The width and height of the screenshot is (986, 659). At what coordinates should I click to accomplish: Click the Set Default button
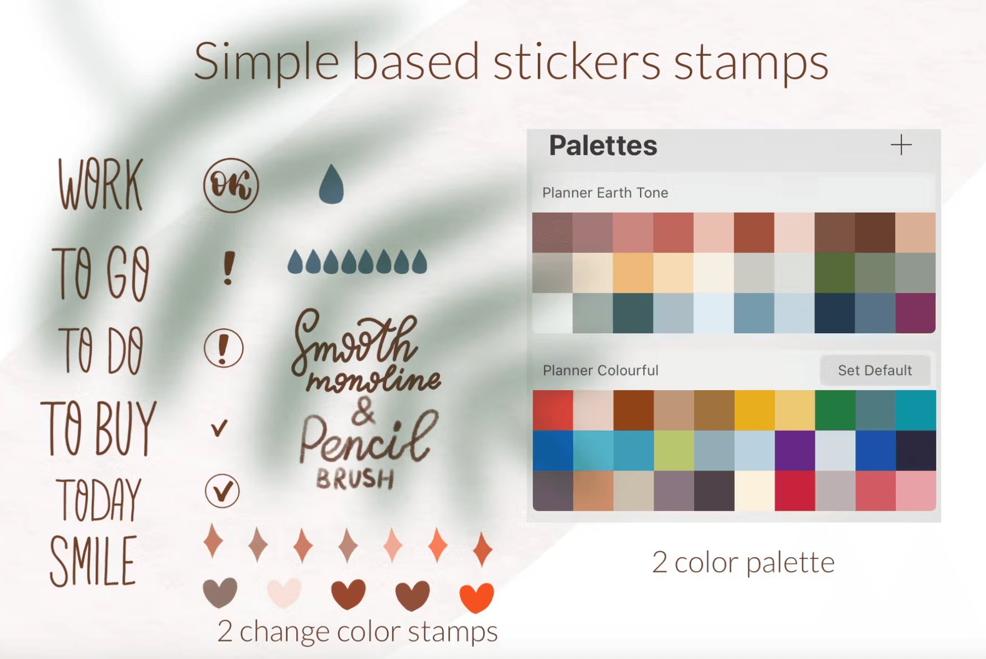pos(875,370)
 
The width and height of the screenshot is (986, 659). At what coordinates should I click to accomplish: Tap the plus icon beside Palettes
pos(901,145)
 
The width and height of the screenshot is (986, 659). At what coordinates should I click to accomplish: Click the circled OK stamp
pos(231,185)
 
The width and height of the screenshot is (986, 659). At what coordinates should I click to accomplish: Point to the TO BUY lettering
pos(99,428)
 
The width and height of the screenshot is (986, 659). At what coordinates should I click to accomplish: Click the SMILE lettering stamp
pos(93,561)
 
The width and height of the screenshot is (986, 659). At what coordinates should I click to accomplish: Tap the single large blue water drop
pos(331,184)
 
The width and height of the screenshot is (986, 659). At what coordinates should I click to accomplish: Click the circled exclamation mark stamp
pos(224,348)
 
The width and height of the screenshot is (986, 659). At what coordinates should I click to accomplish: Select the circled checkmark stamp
pos(222,491)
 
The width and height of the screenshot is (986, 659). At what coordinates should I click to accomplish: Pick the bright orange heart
pos(477,597)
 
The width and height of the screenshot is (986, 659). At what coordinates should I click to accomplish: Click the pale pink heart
pos(284,592)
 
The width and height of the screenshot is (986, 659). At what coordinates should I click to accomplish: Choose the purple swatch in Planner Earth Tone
pos(915,313)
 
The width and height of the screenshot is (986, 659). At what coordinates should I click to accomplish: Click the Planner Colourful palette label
pos(600,370)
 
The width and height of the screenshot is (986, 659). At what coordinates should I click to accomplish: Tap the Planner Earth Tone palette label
pos(605,193)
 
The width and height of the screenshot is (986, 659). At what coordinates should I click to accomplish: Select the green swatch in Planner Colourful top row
pos(835,410)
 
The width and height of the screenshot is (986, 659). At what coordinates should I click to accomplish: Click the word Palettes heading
pos(603,145)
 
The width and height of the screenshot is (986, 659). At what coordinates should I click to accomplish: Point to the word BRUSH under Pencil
pos(355,479)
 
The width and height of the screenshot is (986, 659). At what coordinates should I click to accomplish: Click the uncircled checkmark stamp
pos(219,428)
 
